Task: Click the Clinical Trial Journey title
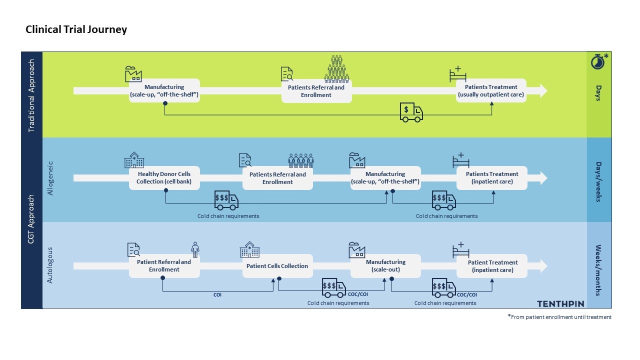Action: click(76, 29)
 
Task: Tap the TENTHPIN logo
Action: click(560, 303)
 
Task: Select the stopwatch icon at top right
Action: click(598, 61)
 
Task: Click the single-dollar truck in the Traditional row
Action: click(411, 112)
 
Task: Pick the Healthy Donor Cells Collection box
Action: click(164, 178)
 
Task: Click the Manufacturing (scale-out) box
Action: click(385, 266)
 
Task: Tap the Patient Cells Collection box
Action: click(277, 266)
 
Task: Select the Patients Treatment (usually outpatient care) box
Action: click(491, 90)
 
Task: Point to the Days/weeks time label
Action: click(598, 181)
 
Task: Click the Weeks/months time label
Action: click(598, 270)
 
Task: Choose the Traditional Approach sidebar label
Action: click(32, 95)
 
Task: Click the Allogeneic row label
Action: click(50, 178)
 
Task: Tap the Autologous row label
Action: click(50, 265)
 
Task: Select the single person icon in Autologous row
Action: click(195, 249)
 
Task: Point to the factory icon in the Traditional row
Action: click(133, 74)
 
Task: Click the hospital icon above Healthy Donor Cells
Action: click(134, 160)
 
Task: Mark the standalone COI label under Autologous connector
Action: click(217, 295)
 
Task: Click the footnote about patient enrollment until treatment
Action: click(559, 317)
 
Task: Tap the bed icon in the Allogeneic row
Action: click(460, 160)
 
